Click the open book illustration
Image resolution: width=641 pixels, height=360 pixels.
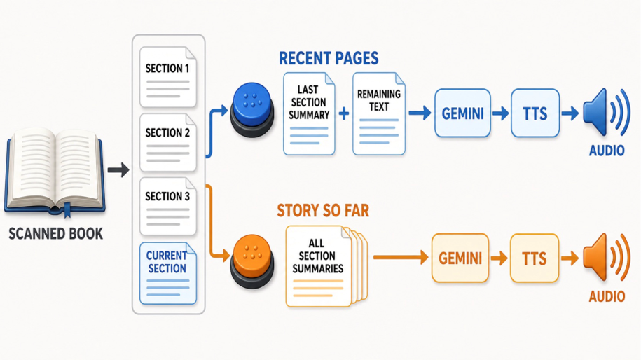[55, 172]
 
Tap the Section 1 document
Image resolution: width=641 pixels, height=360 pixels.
[168, 77]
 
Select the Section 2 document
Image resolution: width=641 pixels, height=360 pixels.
[168, 143]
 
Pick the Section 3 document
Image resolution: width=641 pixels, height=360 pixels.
[168, 207]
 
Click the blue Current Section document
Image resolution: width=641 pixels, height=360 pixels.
[168, 273]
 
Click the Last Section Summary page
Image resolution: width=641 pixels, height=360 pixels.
[309, 114]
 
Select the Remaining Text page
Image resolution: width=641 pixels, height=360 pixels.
[378, 114]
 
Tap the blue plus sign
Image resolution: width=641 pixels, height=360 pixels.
[344, 113]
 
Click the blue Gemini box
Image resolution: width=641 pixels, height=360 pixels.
[462, 113]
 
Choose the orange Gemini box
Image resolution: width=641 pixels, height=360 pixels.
[460, 258]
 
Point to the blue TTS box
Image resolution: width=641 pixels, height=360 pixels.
[535, 113]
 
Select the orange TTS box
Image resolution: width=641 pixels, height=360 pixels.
[535, 258]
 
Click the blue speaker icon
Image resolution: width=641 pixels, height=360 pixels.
[606, 112]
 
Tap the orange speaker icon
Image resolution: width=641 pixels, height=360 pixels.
[606, 257]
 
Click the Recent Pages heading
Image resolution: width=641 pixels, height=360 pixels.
[329, 58]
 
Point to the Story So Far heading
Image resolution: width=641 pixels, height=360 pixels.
[323, 211]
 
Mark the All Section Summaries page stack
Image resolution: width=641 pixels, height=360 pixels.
[326, 266]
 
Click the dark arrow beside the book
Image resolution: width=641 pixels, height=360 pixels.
[118, 169]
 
